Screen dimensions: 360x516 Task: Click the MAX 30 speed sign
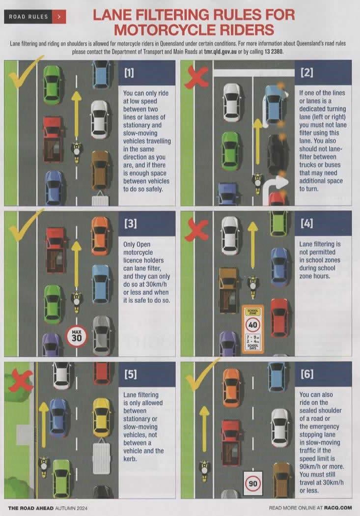coord(76,336)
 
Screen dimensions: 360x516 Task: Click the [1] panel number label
coord(129,73)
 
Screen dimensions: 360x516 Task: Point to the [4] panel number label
coord(306,224)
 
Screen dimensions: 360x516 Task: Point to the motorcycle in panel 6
coord(204,470)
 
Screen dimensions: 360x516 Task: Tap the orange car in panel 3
coord(100,229)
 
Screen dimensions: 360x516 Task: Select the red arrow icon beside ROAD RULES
coord(59,17)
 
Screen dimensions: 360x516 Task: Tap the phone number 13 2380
coord(273,52)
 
